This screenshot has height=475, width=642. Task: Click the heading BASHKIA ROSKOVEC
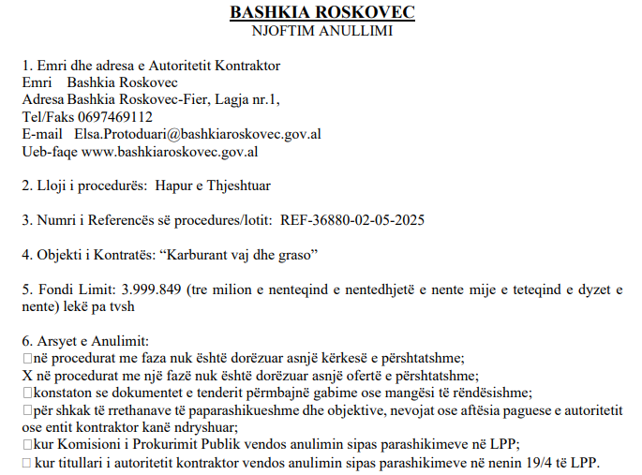tap(321, 12)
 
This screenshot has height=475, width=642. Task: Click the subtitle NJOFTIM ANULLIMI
tap(321, 30)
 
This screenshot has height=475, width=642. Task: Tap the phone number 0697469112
tap(116, 117)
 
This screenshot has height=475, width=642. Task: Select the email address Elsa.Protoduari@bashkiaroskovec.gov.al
tap(198, 134)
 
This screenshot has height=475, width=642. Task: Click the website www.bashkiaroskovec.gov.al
tap(170, 151)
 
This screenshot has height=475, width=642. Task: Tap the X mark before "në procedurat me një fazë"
tap(27, 375)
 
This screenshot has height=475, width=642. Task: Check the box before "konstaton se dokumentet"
tap(26, 393)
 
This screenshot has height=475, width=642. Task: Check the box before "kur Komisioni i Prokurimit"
tap(26, 444)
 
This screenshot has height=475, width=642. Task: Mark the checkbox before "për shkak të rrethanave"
tap(26, 409)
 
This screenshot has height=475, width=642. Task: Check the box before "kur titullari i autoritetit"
tap(26, 462)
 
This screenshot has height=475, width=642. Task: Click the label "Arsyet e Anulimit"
tap(93, 341)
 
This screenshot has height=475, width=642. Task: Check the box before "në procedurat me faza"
tap(26, 358)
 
